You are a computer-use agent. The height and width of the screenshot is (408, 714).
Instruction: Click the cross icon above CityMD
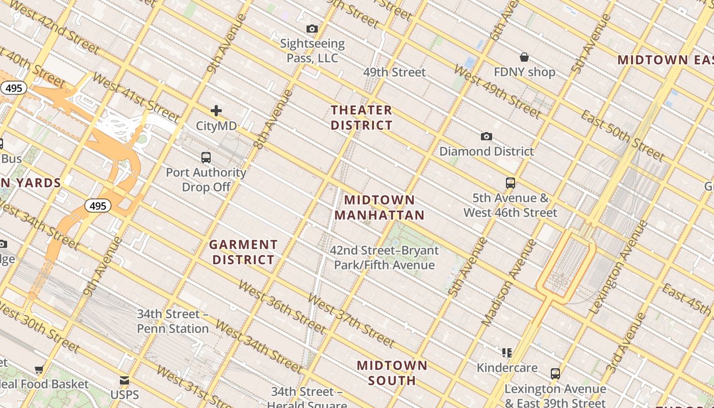pyautogui.click(x=216, y=111)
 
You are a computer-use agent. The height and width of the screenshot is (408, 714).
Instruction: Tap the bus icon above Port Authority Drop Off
pyautogui.click(x=206, y=158)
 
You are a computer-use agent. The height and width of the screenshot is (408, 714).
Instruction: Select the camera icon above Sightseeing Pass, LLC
pyautogui.click(x=312, y=29)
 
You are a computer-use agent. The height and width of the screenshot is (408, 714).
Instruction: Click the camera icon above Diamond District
pyautogui.click(x=487, y=137)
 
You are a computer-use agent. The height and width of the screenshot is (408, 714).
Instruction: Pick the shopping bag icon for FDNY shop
pyautogui.click(x=524, y=57)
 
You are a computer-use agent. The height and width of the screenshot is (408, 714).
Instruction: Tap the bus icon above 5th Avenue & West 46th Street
pyautogui.click(x=510, y=183)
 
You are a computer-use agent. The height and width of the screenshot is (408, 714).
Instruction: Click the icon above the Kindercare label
pyautogui.click(x=506, y=352)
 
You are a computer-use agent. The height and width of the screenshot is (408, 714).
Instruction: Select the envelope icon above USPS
pyautogui.click(x=124, y=380)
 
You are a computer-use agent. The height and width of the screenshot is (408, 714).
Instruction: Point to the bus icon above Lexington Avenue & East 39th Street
pyautogui.click(x=555, y=374)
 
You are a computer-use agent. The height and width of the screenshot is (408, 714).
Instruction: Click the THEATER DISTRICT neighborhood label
pyautogui.click(x=362, y=118)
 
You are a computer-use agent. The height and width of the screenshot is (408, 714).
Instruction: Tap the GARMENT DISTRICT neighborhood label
pyautogui.click(x=243, y=252)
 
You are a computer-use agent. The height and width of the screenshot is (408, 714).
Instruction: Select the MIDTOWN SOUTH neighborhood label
pyautogui.click(x=392, y=373)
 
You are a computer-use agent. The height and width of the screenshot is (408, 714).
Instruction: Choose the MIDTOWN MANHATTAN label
pyautogui.click(x=379, y=208)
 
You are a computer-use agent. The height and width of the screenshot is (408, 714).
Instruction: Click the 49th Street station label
pyautogui.click(x=394, y=72)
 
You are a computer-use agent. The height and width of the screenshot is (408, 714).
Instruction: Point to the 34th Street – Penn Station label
pyautogui.click(x=173, y=321)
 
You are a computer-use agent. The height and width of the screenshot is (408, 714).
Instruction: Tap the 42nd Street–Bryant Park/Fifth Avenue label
pyautogui.click(x=384, y=258)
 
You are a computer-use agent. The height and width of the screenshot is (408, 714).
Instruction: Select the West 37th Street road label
pyautogui.click(x=351, y=321)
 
